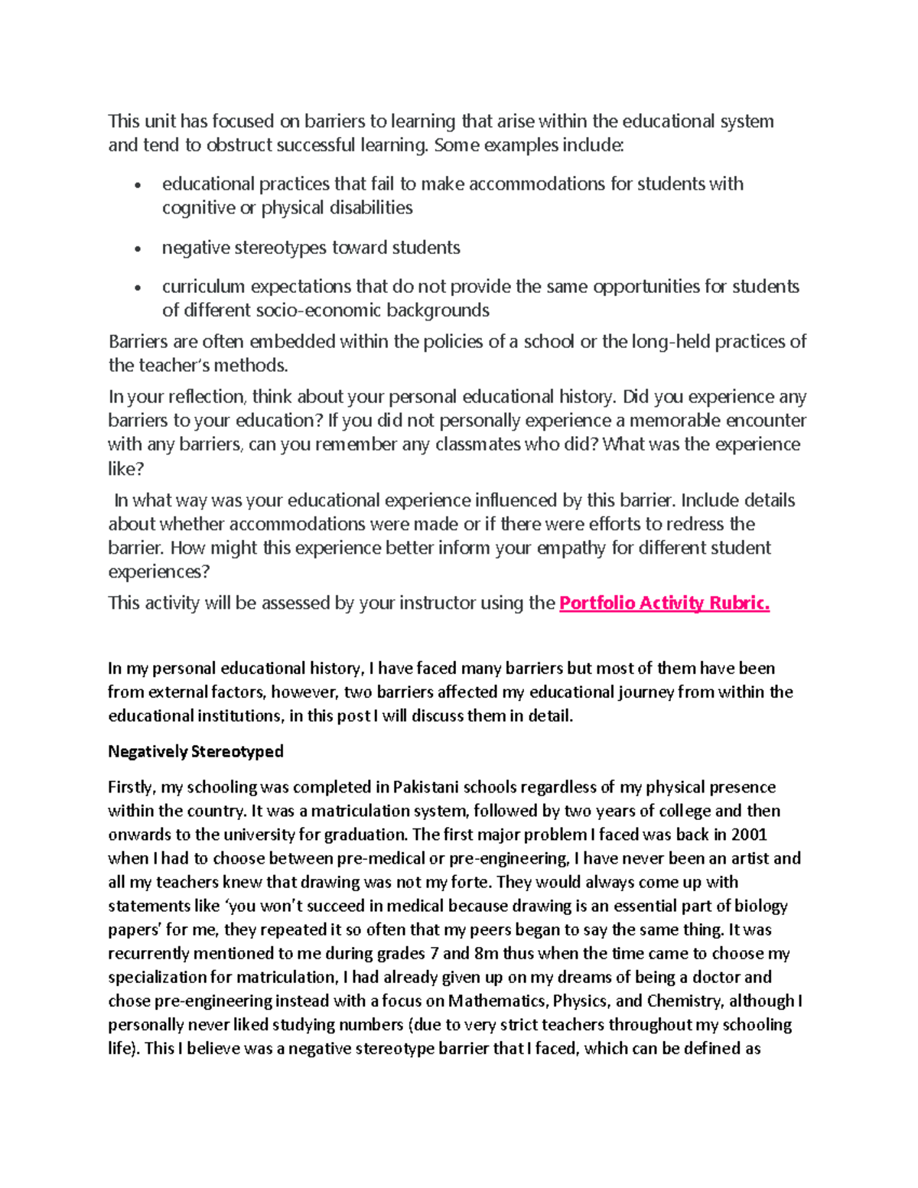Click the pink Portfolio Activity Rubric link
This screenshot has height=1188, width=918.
point(664,603)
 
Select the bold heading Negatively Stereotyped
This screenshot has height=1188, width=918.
point(196,751)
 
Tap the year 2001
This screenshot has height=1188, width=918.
point(749,835)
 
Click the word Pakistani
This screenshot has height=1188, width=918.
point(426,787)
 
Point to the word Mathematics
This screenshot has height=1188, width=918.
point(497,1001)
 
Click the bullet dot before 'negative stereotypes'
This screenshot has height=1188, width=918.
point(138,249)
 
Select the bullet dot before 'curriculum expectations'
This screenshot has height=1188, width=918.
point(138,288)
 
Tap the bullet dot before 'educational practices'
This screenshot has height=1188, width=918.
point(138,185)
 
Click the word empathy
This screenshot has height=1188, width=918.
point(571,548)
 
